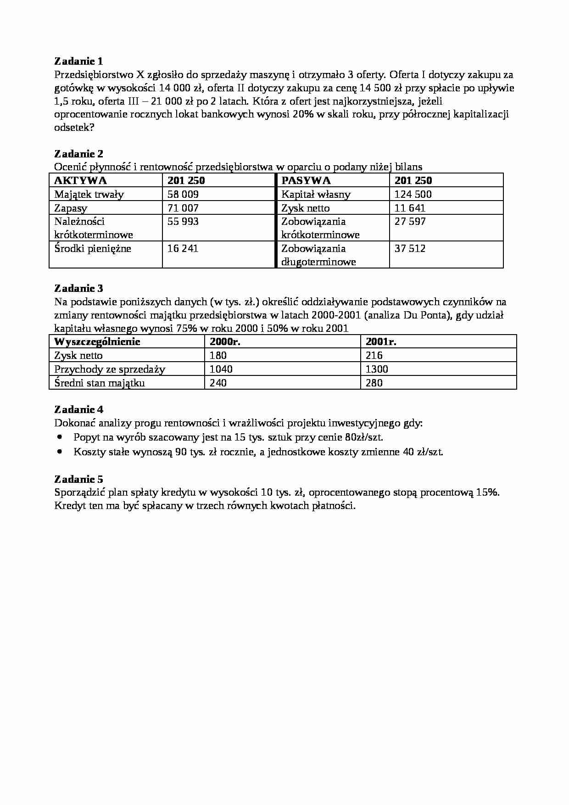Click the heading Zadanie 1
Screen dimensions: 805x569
coord(78,61)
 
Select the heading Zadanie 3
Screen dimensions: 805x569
coord(78,288)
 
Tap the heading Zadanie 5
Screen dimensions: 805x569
coord(78,479)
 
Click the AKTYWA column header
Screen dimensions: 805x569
coord(80,180)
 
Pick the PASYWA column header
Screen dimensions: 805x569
coord(306,180)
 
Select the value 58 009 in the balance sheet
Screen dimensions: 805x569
coord(183,194)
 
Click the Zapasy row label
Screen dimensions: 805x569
coord(71,208)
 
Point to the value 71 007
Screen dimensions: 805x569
coord(183,208)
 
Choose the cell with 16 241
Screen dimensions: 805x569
coord(183,249)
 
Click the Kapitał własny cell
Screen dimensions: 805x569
coord(316,194)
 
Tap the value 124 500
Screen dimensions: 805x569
coord(413,194)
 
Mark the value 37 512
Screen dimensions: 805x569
coord(410,249)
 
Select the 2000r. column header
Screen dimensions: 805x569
coord(225,342)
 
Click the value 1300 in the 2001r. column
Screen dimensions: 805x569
coord(377,369)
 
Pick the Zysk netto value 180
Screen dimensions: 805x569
coord(218,355)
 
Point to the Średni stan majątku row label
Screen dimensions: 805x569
coord(100,383)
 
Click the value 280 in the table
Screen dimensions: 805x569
coord(374,383)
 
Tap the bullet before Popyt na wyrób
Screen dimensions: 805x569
coord(60,437)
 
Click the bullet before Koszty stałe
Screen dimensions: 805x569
coord(60,452)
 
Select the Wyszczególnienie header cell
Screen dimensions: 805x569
coord(97,342)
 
